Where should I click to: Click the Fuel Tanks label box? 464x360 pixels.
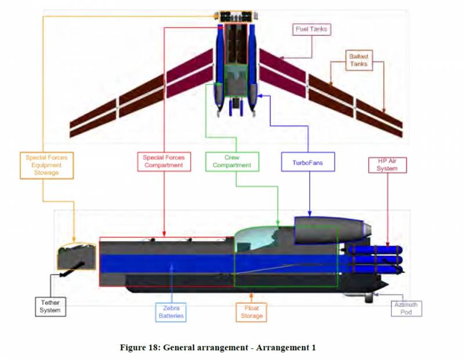pyautogui.click(x=311, y=29)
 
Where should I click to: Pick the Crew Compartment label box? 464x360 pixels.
pyautogui.click(x=231, y=161)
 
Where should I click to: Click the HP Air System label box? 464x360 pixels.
pyautogui.click(x=387, y=164)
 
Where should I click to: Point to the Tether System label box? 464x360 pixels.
pyautogui.click(x=50, y=306)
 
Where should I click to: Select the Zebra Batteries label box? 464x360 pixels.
pyautogui.click(x=172, y=312)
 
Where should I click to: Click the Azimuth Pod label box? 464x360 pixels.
pyautogui.click(x=406, y=308)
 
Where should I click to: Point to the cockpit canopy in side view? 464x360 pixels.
pyautogui.click(x=257, y=237)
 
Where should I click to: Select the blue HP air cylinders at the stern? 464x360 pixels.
pyautogui.click(x=374, y=259)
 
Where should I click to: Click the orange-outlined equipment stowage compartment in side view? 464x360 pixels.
pyautogui.click(x=76, y=257)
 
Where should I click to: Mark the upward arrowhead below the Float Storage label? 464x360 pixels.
pyautogui.click(x=251, y=296)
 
